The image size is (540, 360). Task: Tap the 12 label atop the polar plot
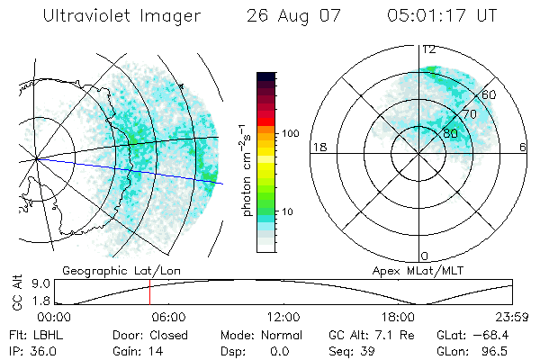point(429,49)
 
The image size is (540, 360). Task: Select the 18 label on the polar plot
point(319,147)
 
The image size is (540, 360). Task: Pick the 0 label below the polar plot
point(424,256)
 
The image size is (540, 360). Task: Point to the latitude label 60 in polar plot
point(489,94)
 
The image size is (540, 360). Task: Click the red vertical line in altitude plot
point(150,292)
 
